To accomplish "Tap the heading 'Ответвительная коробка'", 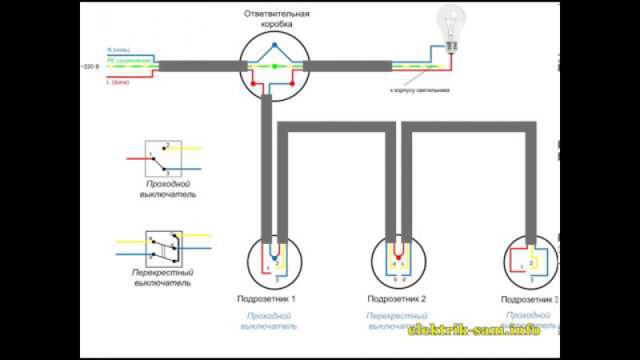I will click(x=276, y=20).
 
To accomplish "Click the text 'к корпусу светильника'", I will click(x=419, y=90).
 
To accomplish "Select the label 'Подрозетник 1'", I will click(x=266, y=299).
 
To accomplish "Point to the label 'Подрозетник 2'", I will click(x=396, y=299).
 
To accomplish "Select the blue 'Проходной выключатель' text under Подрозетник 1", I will click(x=270, y=321).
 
